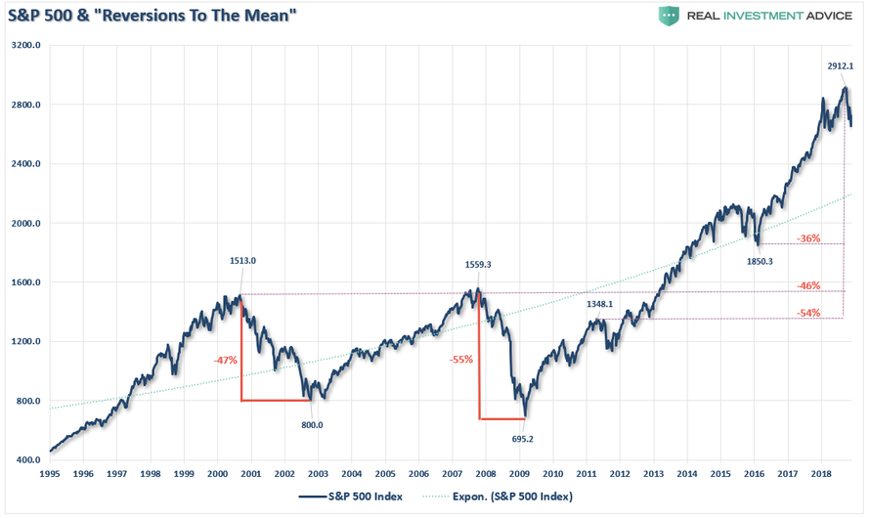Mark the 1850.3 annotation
[x=759, y=261]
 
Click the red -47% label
[x=226, y=361]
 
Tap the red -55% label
[x=461, y=359]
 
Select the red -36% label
[x=807, y=238]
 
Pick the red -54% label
[x=807, y=313]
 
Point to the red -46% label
[x=807, y=286]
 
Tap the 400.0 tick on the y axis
[x=26, y=460]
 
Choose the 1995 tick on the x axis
[x=49, y=473]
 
